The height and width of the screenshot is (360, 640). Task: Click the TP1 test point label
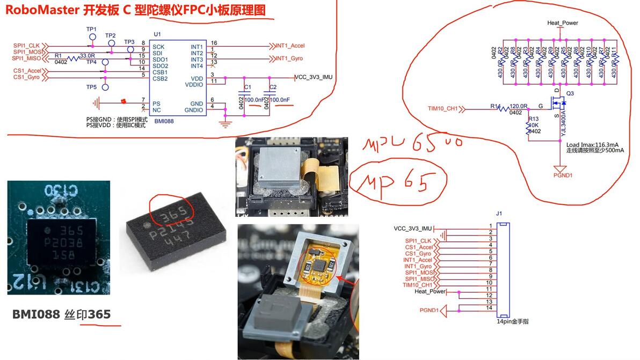click(x=91, y=29)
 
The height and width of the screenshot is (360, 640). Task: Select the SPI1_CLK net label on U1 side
click(x=27, y=45)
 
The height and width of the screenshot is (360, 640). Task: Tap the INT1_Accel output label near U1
click(x=290, y=46)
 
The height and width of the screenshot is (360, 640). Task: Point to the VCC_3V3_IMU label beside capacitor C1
click(x=314, y=77)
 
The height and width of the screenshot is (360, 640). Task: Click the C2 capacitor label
click(x=273, y=87)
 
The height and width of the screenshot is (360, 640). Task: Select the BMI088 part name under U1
click(x=164, y=122)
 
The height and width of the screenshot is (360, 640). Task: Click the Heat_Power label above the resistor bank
click(x=562, y=23)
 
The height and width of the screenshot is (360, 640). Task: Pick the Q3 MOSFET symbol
click(x=559, y=103)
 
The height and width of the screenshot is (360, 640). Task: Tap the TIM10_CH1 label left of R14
click(x=443, y=109)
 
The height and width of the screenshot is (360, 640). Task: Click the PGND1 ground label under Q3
click(x=563, y=174)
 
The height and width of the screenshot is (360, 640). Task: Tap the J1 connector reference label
click(x=499, y=214)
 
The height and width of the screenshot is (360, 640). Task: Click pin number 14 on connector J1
click(x=490, y=308)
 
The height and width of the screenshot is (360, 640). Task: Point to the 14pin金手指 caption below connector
click(x=512, y=322)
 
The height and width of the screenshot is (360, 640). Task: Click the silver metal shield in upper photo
click(x=278, y=168)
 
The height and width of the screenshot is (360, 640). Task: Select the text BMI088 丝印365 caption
click(x=61, y=314)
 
